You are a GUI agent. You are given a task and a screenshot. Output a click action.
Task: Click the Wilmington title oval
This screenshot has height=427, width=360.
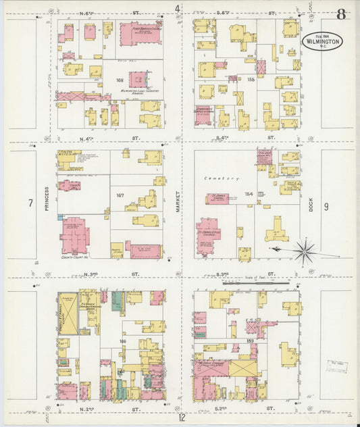tap(322, 41)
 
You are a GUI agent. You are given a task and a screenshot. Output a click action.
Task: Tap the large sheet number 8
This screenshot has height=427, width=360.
tap(342, 13)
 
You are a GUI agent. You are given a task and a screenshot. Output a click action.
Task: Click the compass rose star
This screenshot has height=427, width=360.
tap(305, 251)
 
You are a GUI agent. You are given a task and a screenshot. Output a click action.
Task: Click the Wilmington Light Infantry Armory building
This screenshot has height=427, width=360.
tap(138, 79)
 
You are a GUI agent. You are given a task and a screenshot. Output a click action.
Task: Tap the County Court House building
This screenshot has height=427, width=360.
tap(75, 235)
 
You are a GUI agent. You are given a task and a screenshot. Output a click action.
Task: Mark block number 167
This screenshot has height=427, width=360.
tap(120, 196)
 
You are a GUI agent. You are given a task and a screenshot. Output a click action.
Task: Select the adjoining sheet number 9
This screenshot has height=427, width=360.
tap(326, 206)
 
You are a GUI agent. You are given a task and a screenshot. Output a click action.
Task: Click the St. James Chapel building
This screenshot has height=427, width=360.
tap(217, 199)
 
